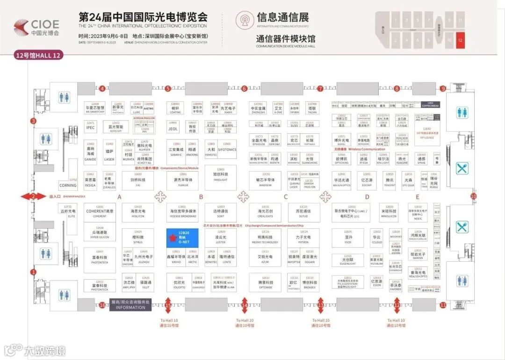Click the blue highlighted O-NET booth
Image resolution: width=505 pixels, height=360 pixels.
tap(183, 238)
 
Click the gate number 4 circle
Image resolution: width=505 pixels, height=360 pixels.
tap(102, 88)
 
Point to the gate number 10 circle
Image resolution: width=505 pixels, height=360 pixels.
tap(473, 196)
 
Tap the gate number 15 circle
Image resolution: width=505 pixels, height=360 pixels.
tap(168, 305)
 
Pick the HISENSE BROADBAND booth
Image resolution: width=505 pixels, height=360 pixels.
tap(183, 214)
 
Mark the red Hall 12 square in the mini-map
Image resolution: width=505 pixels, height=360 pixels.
tap(460, 40)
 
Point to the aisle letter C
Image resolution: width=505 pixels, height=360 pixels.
tap(285, 197)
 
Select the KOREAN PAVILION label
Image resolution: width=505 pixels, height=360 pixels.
tap(144, 118)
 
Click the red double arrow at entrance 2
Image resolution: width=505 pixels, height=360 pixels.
tap(33, 196)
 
